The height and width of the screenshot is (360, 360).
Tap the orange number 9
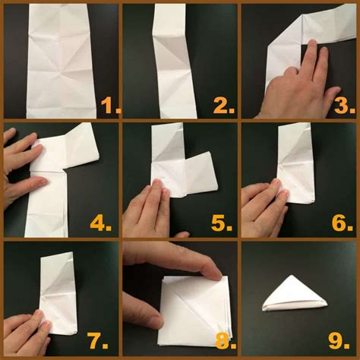coord(341,341)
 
